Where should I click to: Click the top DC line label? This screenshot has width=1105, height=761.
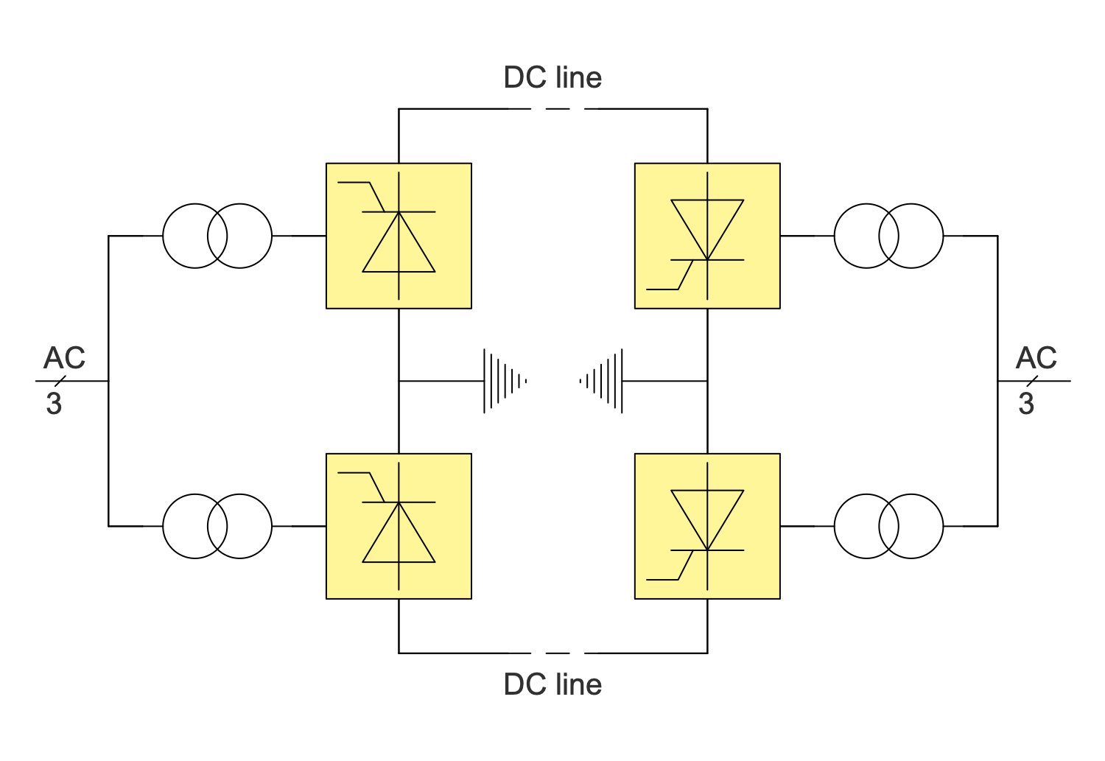tap(552, 77)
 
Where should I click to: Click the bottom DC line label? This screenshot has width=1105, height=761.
tap(552, 684)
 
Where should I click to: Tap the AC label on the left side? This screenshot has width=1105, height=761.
tap(64, 358)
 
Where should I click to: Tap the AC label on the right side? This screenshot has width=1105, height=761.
tap(1036, 358)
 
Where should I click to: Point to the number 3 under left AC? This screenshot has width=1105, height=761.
tap(54, 404)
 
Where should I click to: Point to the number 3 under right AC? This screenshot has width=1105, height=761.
tap(1026, 404)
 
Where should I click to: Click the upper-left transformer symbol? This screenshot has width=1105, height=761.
tap(217, 236)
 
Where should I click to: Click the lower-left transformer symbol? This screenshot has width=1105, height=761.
tap(217, 526)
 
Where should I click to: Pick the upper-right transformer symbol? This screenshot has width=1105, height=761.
tap(888, 236)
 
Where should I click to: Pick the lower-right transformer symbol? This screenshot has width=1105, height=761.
tap(888, 526)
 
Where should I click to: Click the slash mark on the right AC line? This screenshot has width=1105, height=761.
tap(1032, 381)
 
